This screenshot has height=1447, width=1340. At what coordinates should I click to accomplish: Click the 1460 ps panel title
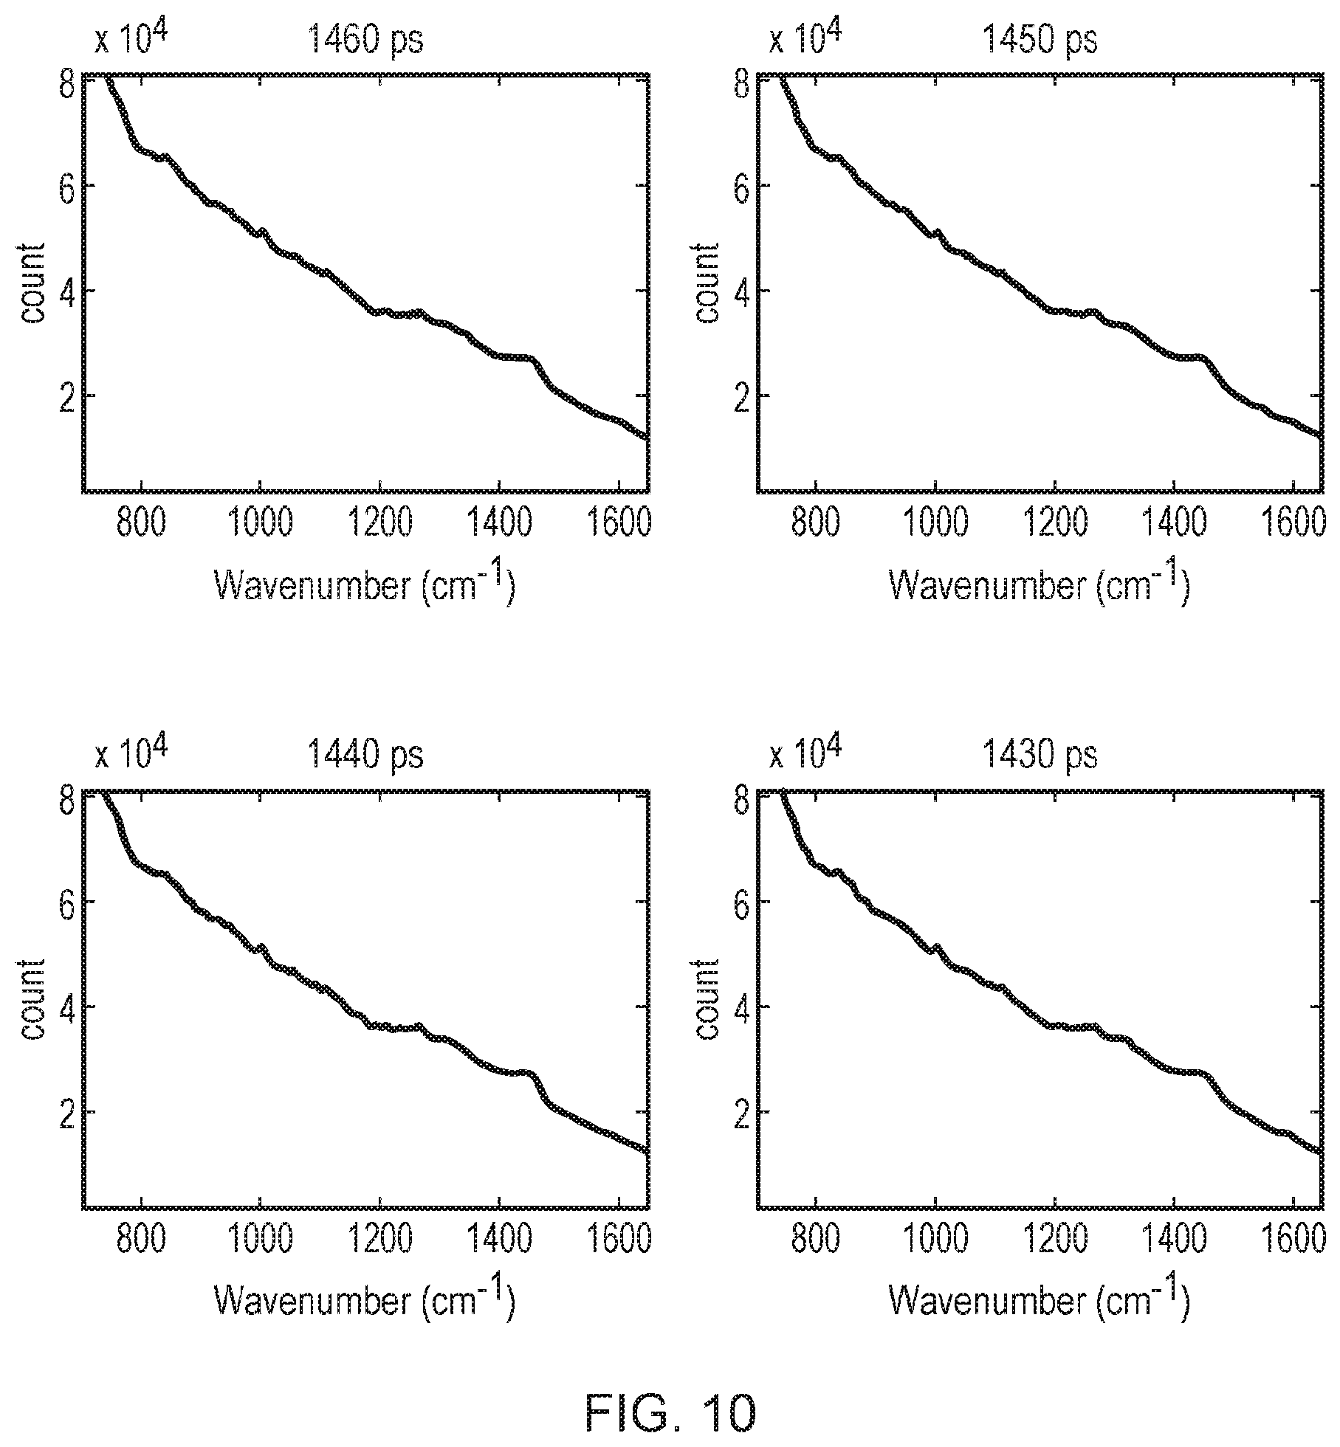point(365,40)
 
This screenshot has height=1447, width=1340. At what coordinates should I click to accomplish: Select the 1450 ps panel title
point(1039,40)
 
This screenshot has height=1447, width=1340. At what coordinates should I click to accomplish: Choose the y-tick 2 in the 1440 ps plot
point(67,1111)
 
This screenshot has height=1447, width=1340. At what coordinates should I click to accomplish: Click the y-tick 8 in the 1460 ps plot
point(67,79)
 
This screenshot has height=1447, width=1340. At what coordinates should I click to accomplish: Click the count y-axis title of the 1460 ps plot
point(32,282)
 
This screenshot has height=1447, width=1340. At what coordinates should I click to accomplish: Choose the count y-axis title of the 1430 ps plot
point(707,998)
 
